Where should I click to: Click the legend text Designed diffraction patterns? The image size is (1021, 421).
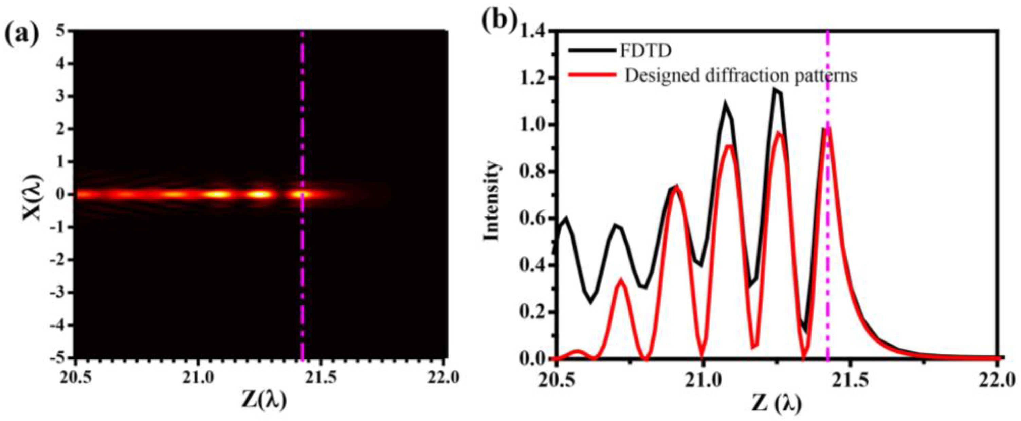click(741, 75)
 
